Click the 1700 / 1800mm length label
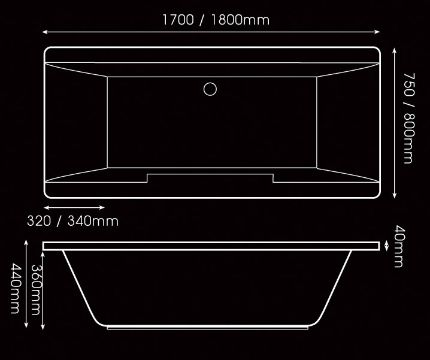pyautogui.click(x=216, y=20)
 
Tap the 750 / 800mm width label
pyautogui.click(x=409, y=118)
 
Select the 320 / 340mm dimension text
pyautogui.click(x=73, y=221)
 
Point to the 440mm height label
pyautogui.click(x=15, y=289)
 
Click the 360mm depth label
pyautogui.click(x=36, y=290)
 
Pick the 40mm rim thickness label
pyautogui.click(x=399, y=246)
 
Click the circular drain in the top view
pyautogui.click(x=210, y=89)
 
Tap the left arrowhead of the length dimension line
pyautogui.click(x=45, y=32)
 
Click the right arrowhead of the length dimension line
pyautogui.click(x=377, y=32)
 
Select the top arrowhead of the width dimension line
pyautogui.click(x=395, y=50)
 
